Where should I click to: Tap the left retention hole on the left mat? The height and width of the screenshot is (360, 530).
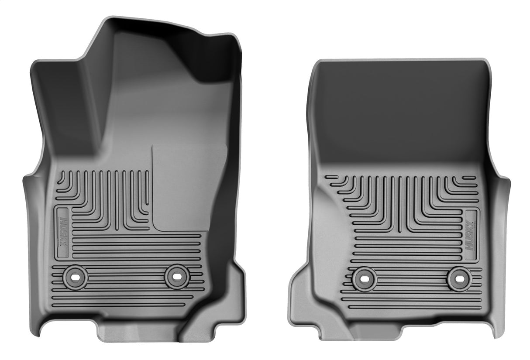pos(75,277)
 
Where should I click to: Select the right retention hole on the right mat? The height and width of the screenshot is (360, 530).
pos(459,278)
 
